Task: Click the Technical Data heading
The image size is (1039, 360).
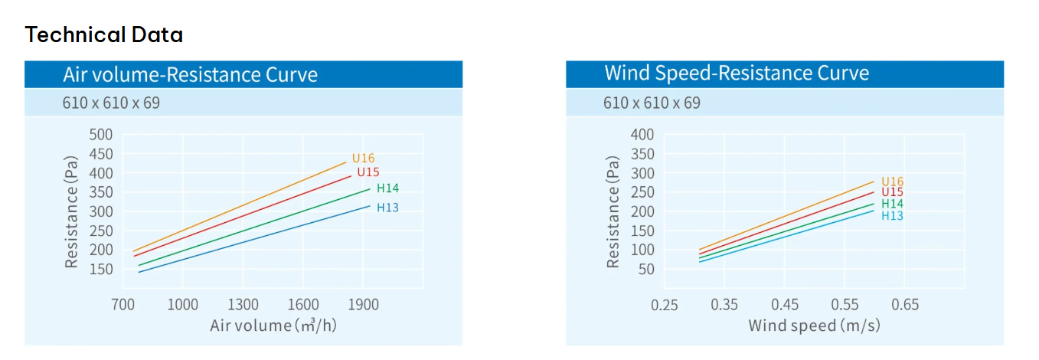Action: click(104, 34)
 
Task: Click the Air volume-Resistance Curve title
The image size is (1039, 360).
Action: click(190, 74)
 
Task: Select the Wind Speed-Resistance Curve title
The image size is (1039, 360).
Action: click(737, 73)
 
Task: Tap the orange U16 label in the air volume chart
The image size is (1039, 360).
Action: click(363, 159)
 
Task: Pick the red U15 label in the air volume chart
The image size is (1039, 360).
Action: click(368, 172)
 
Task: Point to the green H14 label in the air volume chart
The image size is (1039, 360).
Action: click(387, 188)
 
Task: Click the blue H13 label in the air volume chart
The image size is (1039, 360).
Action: click(387, 208)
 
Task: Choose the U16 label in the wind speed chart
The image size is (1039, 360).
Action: click(892, 182)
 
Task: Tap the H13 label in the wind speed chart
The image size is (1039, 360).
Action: click(892, 216)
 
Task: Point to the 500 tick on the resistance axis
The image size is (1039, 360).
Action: click(101, 135)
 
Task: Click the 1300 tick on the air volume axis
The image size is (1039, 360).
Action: click(243, 304)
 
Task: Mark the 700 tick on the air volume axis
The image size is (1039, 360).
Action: click(123, 304)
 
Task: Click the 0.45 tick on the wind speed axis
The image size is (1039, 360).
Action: click(785, 304)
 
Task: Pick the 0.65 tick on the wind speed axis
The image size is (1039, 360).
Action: click(904, 304)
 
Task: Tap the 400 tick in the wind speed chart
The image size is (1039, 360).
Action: click(642, 135)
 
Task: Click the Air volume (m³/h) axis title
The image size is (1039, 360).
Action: click(273, 326)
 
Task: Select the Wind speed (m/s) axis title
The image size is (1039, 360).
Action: click(814, 326)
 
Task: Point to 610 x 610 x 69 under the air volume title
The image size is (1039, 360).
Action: click(111, 102)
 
